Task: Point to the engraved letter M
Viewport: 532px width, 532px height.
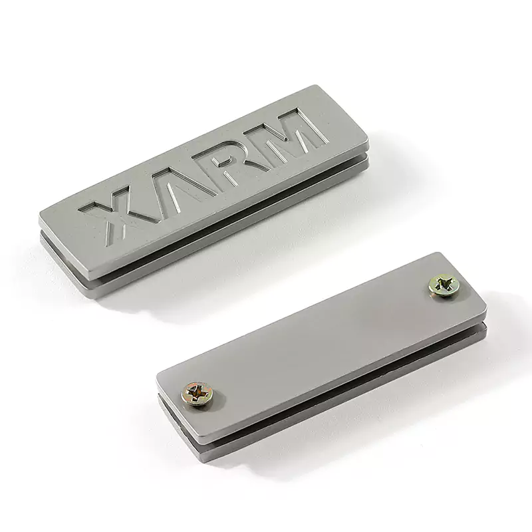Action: coord(293,133)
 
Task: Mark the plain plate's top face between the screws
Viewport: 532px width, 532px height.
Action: coord(319,339)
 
